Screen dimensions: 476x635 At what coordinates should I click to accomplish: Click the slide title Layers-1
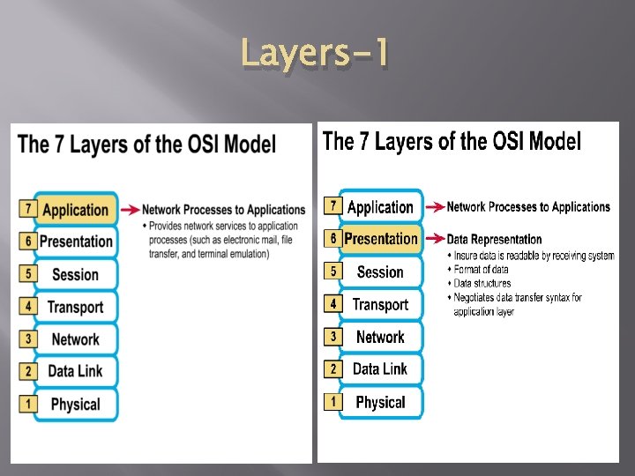(314, 55)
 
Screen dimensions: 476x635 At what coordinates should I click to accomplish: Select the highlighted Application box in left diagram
(76, 210)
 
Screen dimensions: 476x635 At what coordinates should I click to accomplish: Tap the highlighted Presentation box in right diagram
(381, 239)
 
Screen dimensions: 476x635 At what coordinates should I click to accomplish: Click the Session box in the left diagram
(76, 274)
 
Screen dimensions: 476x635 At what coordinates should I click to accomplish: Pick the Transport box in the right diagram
(380, 305)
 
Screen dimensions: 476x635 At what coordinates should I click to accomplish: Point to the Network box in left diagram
(76, 339)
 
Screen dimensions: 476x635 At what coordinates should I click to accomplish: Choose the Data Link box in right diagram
(380, 369)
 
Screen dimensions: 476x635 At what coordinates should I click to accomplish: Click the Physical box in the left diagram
(76, 405)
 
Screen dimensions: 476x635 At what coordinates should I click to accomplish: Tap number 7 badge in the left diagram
(27, 209)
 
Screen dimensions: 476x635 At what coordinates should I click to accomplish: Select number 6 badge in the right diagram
(332, 238)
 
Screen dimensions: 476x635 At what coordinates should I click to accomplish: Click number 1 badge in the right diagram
(332, 401)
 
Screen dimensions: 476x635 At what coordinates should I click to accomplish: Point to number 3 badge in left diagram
(27, 338)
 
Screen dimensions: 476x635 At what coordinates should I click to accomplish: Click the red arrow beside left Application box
(130, 210)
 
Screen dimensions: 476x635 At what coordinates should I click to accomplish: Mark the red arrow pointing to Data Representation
(434, 239)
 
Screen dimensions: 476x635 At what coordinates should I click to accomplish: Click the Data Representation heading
(494, 239)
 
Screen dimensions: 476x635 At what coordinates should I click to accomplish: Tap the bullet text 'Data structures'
(482, 284)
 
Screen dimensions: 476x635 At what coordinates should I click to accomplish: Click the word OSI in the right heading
(511, 141)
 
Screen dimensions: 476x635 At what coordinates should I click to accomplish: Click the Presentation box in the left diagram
(76, 242)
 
